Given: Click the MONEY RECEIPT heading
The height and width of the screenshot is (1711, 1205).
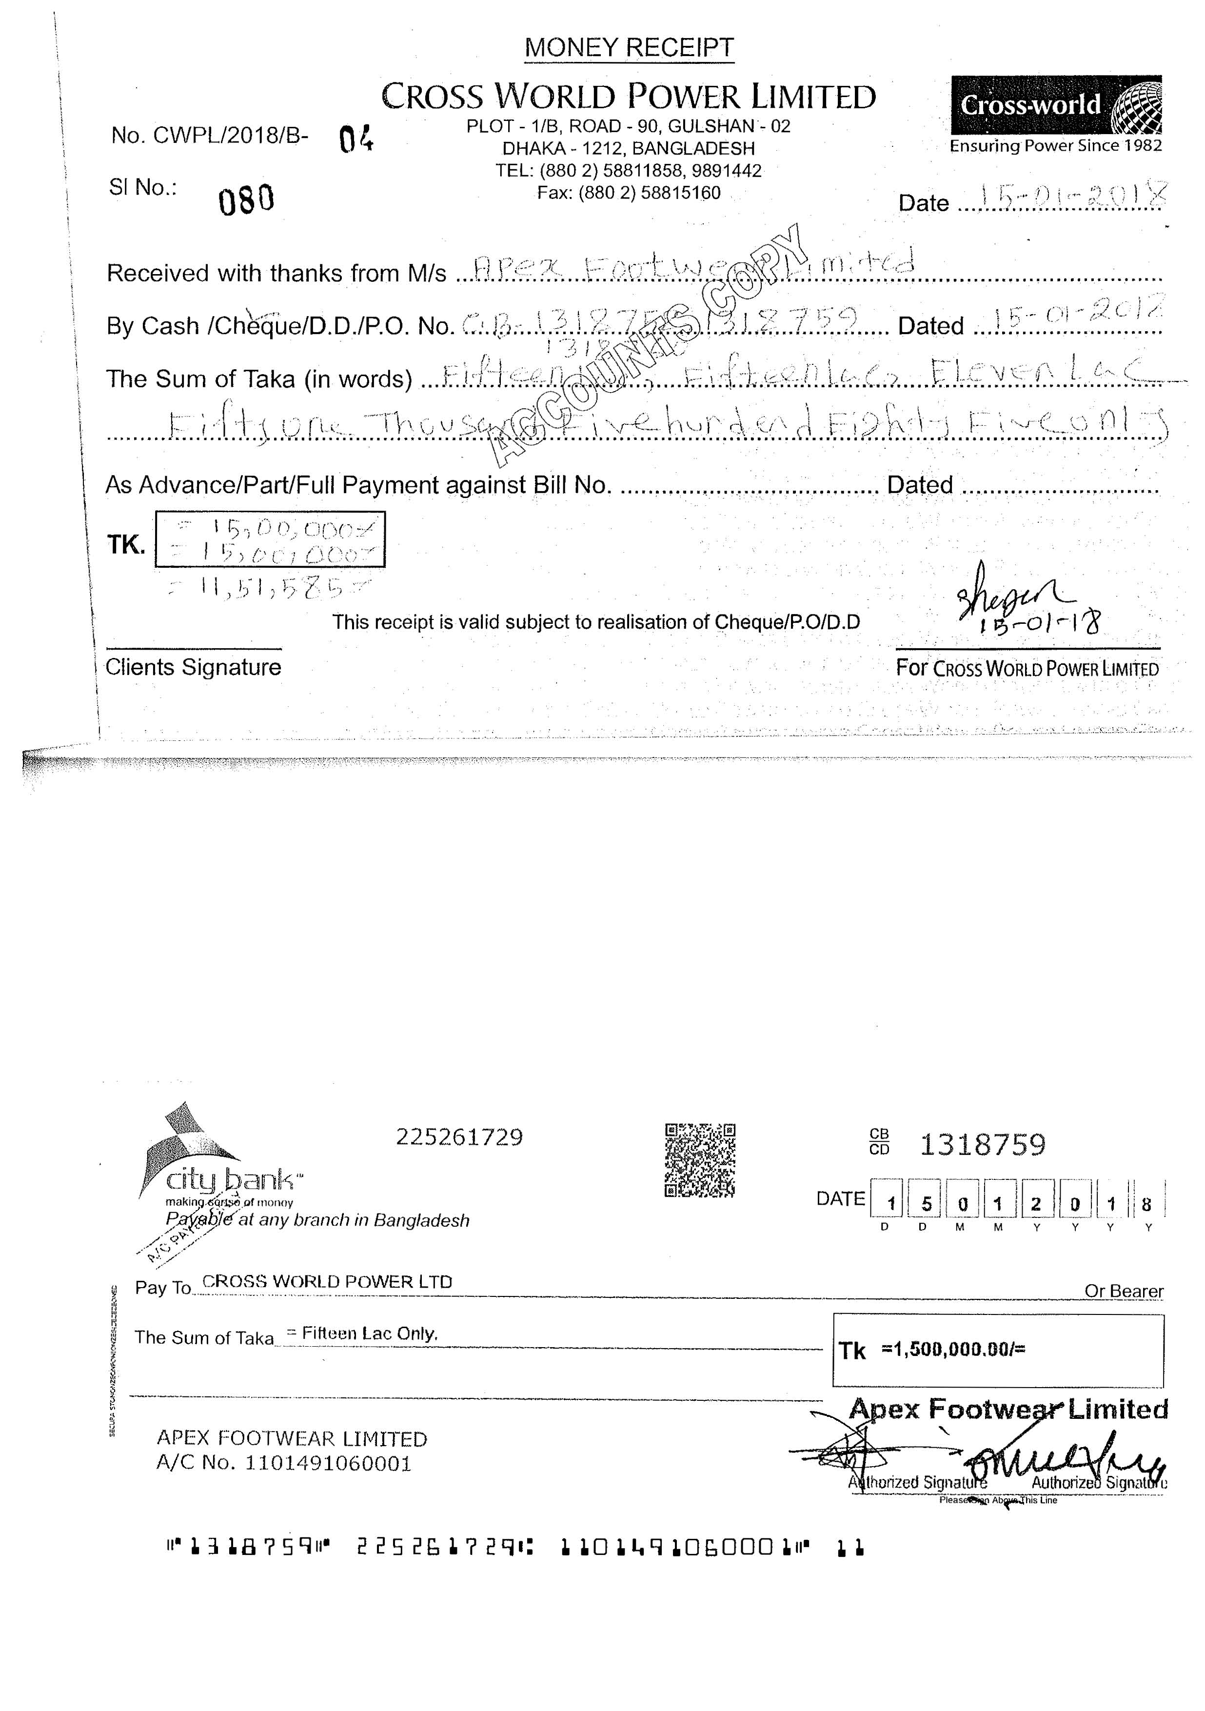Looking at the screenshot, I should [x=629, y=48].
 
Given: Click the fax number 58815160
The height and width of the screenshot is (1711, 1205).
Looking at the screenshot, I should [x=680, y=193].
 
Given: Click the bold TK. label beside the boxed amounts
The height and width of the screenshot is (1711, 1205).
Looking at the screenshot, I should [x=126, y=545].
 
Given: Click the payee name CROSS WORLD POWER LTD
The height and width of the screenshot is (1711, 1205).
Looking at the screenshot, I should [x=327, y=1282].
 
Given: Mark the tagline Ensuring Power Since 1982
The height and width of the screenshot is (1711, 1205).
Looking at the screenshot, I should [x=1055, y=146].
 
